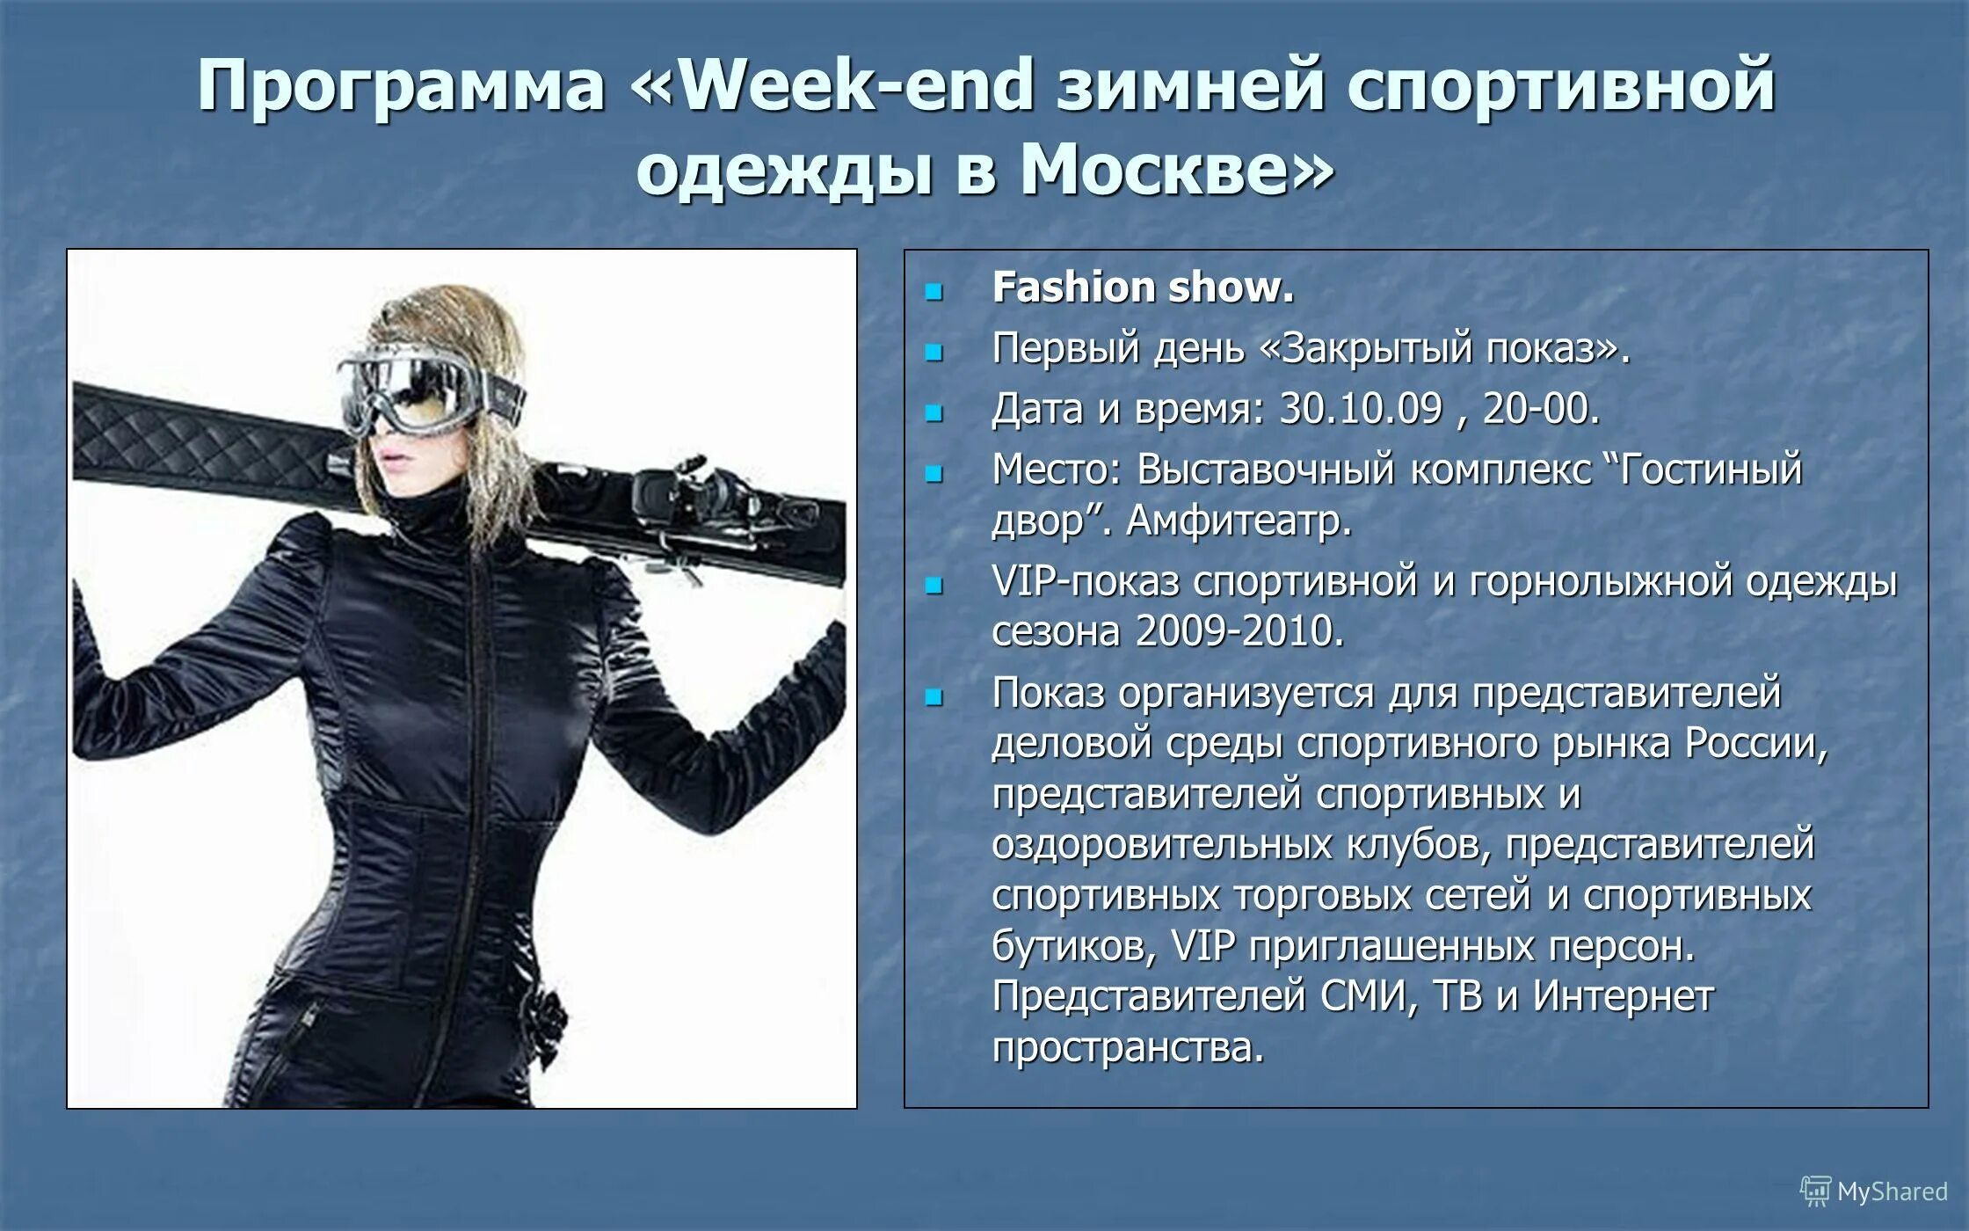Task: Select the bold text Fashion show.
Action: [1143, 288]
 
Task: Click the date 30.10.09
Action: [1361, 409]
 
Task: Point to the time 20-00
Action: [1540, 409]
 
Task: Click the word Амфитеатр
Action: [1239, 521]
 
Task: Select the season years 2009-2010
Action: [1239, 631]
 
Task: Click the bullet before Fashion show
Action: [934, 291]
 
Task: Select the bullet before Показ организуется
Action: [934, 697]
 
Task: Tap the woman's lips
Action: [392, 461]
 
